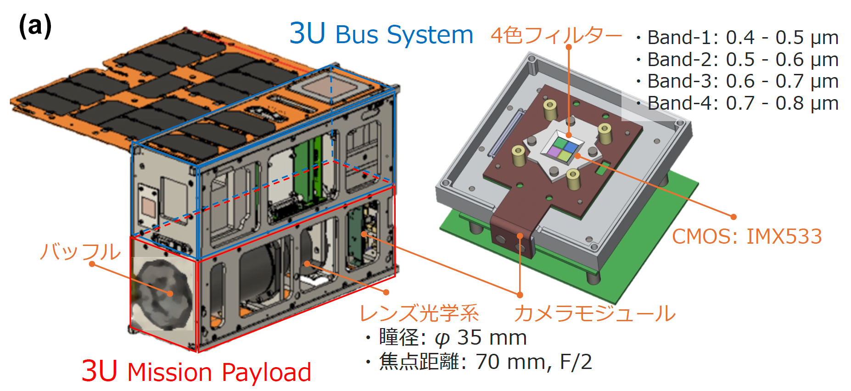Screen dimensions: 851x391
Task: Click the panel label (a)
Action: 35,26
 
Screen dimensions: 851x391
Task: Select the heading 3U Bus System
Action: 381,34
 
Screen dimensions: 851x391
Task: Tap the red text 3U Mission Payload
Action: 196,371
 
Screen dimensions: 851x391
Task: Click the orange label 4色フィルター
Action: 556,35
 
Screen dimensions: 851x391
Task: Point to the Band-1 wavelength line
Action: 738,38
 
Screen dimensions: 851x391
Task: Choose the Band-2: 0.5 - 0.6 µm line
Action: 738,60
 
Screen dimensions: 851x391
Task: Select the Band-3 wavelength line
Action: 738,81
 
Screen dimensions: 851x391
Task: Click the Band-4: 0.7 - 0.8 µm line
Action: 738,103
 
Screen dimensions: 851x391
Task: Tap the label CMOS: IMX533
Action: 747,237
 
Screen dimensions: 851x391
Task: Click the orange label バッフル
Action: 80,251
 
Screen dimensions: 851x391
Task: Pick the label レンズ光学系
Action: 419,313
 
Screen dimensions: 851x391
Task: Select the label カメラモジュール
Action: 595,313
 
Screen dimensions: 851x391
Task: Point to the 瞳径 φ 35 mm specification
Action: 446,338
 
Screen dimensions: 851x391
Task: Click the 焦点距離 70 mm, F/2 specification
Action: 478,362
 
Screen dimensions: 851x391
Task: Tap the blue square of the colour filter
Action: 571,146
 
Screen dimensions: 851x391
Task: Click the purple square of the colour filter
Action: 554,151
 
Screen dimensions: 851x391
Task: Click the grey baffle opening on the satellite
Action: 162,294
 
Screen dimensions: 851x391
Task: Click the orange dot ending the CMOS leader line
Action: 733,217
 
